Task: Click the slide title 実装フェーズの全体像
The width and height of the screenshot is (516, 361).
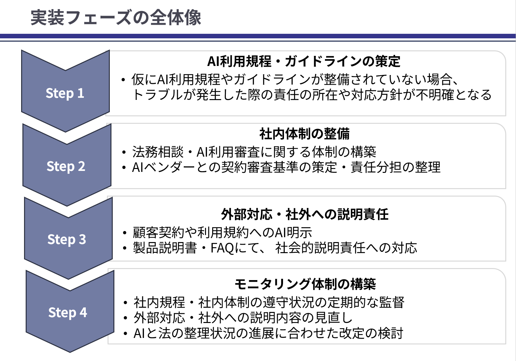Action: point(116,18)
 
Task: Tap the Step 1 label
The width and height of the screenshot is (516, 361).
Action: point(65,93)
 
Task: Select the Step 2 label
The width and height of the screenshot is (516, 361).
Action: point(66,166)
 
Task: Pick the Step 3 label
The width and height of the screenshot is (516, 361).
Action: point(67,239)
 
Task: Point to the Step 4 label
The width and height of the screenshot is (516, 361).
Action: point(68,313)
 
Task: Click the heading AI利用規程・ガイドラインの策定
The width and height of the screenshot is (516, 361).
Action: point(304,61)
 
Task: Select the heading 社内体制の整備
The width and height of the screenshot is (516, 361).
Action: point(304,134)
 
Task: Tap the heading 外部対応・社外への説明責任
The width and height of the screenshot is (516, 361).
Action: point(304,214)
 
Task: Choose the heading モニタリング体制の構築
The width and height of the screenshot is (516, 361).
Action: point(305,284)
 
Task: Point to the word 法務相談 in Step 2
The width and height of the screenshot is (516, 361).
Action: point(158,152)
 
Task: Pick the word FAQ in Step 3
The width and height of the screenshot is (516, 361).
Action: point(222,248)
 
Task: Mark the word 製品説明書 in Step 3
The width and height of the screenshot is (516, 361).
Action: point(165,248)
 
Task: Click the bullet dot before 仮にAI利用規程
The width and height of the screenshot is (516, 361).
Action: point(123,80)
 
